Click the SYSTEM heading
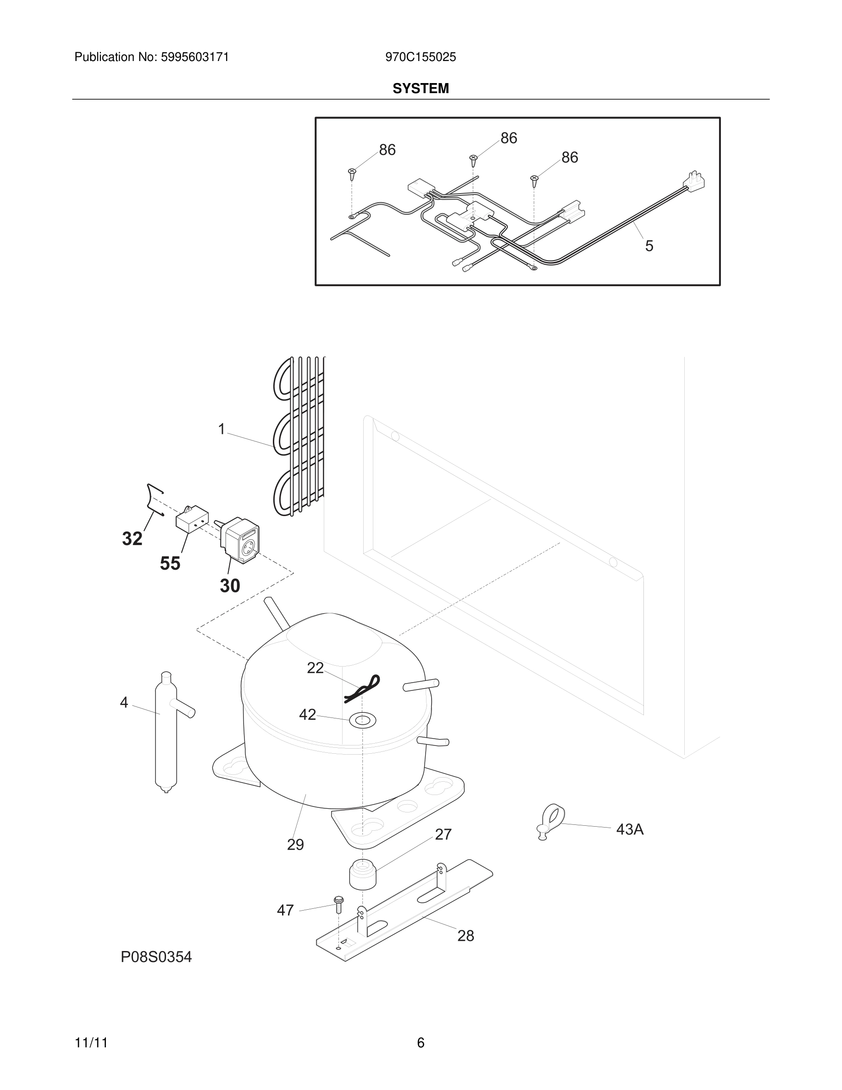point(421,89)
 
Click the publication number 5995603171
point(194,57)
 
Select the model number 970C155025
point(421,57)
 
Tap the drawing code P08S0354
point(156,957)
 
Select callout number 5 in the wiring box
point(649,245)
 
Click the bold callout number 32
point(132,539)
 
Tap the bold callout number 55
point(170,563)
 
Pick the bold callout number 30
point(230,585)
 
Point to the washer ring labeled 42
point(363,720)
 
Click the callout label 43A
point(630,829)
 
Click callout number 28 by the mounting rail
point(465,936)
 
